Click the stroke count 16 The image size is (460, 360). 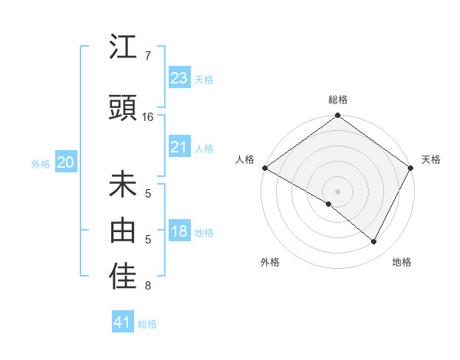[x=148, y=117]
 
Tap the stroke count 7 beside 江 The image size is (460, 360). [x=148, y=56]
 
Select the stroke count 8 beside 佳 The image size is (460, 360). [x=148, y=286]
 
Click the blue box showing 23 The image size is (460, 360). [x=179, y=78]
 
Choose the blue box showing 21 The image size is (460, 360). [x=179, y=147]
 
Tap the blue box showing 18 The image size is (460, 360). [x=179, y=231]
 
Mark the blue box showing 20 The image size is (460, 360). [x=66, y=162]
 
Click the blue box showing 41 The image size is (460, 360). [x=123, y=323]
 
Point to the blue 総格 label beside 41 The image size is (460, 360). [x=147, y=324]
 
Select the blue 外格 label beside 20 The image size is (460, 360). [x=41, y=163]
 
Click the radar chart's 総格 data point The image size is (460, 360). [x=337, y=116]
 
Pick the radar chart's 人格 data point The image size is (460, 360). [x=264, y=168]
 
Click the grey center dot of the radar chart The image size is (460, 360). [x=337, y=191]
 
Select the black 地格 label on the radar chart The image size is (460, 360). [x=402, y=262]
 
